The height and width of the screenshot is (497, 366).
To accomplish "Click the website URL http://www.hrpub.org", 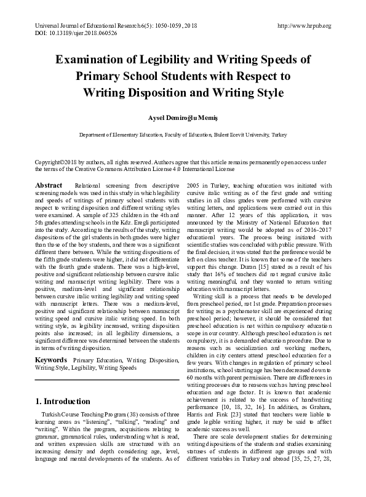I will coord(304,26).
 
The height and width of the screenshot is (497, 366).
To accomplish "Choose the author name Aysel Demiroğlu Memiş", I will coord(183,117).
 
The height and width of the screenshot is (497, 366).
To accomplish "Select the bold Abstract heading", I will coord(49,185).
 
